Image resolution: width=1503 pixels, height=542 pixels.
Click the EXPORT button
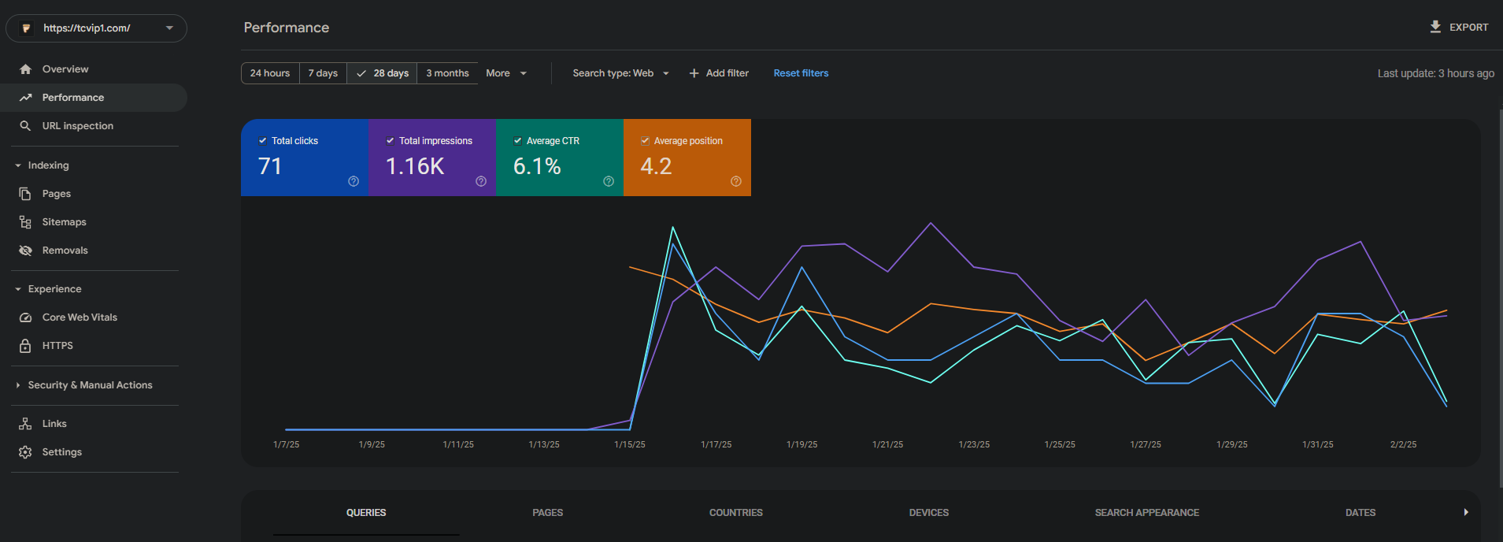(1459, 28)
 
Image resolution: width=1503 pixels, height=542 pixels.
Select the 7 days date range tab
(323, 73)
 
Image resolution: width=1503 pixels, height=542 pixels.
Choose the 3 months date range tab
(447, 73)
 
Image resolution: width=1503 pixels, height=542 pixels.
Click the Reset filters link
(801, 73)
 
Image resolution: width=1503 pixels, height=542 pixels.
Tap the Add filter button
(719, 73)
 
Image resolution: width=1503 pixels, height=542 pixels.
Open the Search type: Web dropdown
(621, 73)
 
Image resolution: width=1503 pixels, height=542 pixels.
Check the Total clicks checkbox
(263, 141)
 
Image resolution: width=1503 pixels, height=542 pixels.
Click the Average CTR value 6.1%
(537, 166)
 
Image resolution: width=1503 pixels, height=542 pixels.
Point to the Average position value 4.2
(656, 166)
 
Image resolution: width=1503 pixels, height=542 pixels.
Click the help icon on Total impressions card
(481, 181)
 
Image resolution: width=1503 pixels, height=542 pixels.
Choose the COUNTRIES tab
(736, 513)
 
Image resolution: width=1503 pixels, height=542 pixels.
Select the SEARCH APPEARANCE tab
(1147, 513)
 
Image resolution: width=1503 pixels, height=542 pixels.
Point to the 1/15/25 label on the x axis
(630, 445)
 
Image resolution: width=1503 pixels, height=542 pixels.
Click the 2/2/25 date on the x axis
(1403, 445)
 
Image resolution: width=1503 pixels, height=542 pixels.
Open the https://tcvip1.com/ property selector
(96, 28)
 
